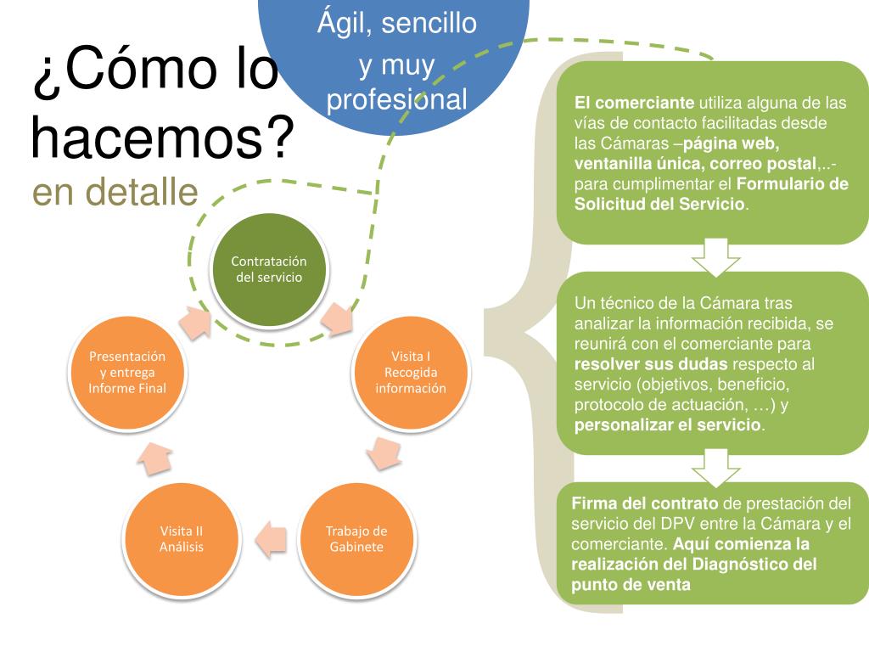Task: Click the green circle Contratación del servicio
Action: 268,269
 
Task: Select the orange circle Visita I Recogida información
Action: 411,372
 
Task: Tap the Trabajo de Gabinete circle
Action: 356,539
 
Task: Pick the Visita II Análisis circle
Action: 182,539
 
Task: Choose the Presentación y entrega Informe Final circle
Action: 127,372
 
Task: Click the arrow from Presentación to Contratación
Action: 197,321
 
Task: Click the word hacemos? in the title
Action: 162,138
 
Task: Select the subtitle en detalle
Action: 115,193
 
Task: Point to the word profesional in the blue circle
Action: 397,100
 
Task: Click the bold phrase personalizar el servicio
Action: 669,424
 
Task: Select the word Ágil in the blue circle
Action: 345,23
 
